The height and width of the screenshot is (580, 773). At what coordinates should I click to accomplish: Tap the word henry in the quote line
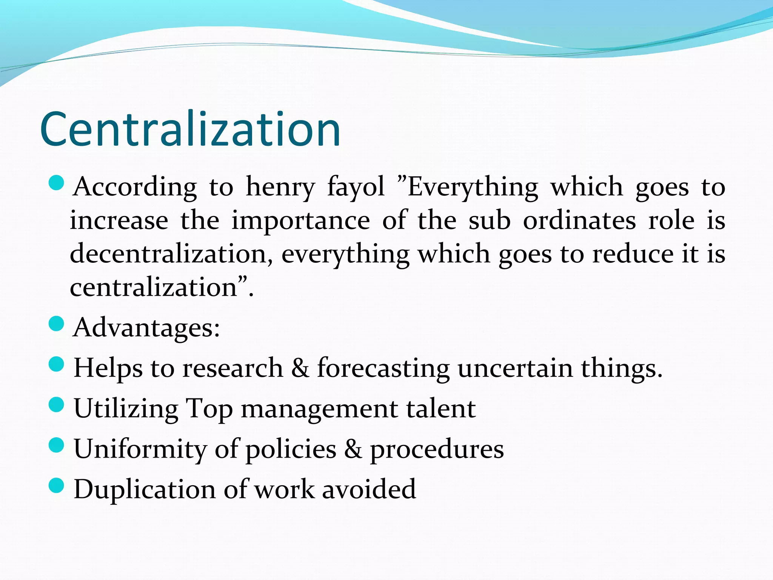pos(280,187)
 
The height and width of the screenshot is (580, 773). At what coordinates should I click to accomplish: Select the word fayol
pos(356,187)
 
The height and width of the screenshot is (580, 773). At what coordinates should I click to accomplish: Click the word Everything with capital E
pos(473,187)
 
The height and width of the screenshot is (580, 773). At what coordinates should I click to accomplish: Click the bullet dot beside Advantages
pos(57,324)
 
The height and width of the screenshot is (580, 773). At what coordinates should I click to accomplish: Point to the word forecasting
pos(383,368)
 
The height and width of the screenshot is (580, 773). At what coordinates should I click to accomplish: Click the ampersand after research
pos(300,367)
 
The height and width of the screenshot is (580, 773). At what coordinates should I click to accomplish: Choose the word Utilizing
pos(126,409)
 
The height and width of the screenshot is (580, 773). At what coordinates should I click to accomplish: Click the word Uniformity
pos(140,449)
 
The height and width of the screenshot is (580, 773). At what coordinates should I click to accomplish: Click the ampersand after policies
pos(353,449)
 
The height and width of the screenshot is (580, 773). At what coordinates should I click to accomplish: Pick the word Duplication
pos(145,489)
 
